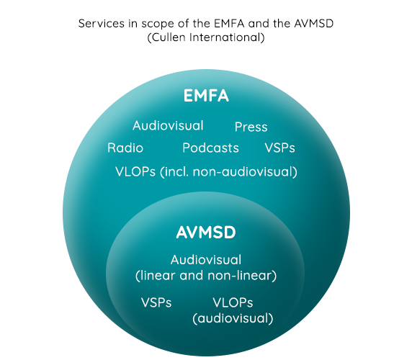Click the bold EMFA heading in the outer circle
(x=206, y=95)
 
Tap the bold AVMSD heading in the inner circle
(x=206, y=233)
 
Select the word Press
(x=251, y=127)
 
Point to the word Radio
(x=125, y=148)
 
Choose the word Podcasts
(x=211, y=148)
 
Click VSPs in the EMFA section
(x=279, y=148)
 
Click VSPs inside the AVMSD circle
(x=156, y=302)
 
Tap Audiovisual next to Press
(x=168, y=125)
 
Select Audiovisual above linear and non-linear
(x=206, y=260)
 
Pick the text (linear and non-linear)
(x=206, y=276)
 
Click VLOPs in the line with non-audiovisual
(x=135, y=172)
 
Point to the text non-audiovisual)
(x=245, y=172)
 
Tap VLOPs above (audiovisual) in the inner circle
(x=233, y=302)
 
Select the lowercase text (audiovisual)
(x=233, y=318)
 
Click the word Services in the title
(x=102, y=23)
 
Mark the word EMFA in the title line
(x=229, y=23)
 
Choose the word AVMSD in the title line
(x=314, y=23)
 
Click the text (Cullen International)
(x=206, y=37)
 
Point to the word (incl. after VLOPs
(x=174, y=172)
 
